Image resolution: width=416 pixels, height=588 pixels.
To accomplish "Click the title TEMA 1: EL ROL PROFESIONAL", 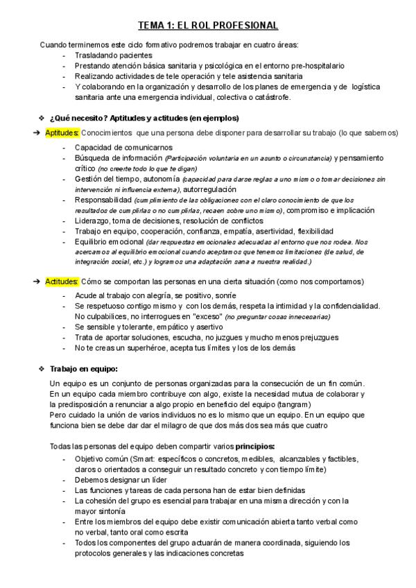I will [208, 26].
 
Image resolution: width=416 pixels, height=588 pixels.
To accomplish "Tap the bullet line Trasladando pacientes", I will [114, 55].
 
